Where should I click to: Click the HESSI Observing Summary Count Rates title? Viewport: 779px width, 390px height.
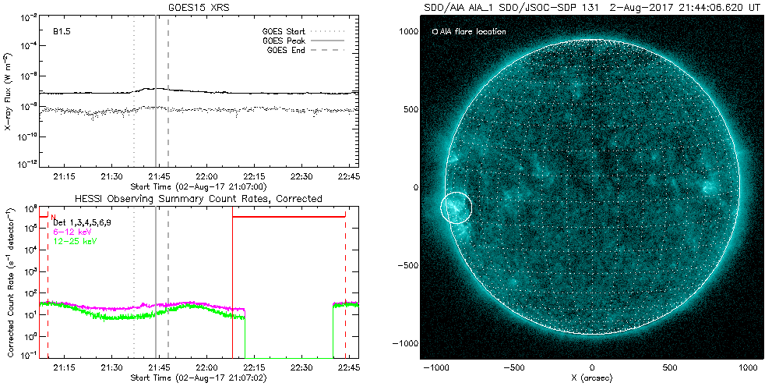[x=198, y=199]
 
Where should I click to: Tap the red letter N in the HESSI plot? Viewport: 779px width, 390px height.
[x=53, y=214]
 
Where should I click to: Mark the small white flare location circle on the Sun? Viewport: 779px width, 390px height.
[x=456, y=207]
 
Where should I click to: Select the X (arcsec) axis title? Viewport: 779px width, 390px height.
[x=593, y=379]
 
